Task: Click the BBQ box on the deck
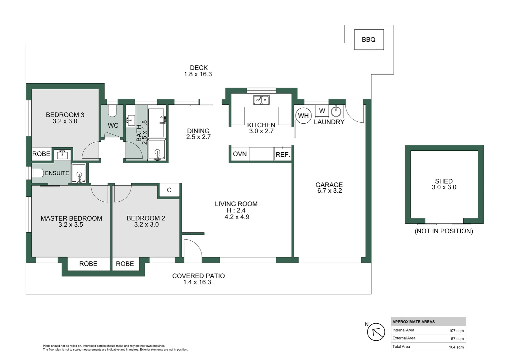coord(369,40)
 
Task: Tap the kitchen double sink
coord(261,100)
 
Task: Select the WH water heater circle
coord(303,116)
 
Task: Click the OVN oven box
coord(240,154)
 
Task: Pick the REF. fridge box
coord(282,154)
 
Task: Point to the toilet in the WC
coord(112,111)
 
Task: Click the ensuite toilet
coord(38,173)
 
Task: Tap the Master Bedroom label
coord(71,218)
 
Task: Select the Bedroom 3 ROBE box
coord(41,154)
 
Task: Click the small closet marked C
coord(169,190)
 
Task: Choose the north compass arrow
coord(376,332)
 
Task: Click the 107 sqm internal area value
coord(456,331)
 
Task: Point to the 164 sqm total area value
coord(456,347)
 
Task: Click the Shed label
coord(444,181)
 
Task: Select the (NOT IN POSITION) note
coord(444,231)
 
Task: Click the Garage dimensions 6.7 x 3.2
coord(329,191)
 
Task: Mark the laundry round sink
coord(336,111)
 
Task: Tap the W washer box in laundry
coord(322,111)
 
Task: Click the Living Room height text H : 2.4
coord(236,210)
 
